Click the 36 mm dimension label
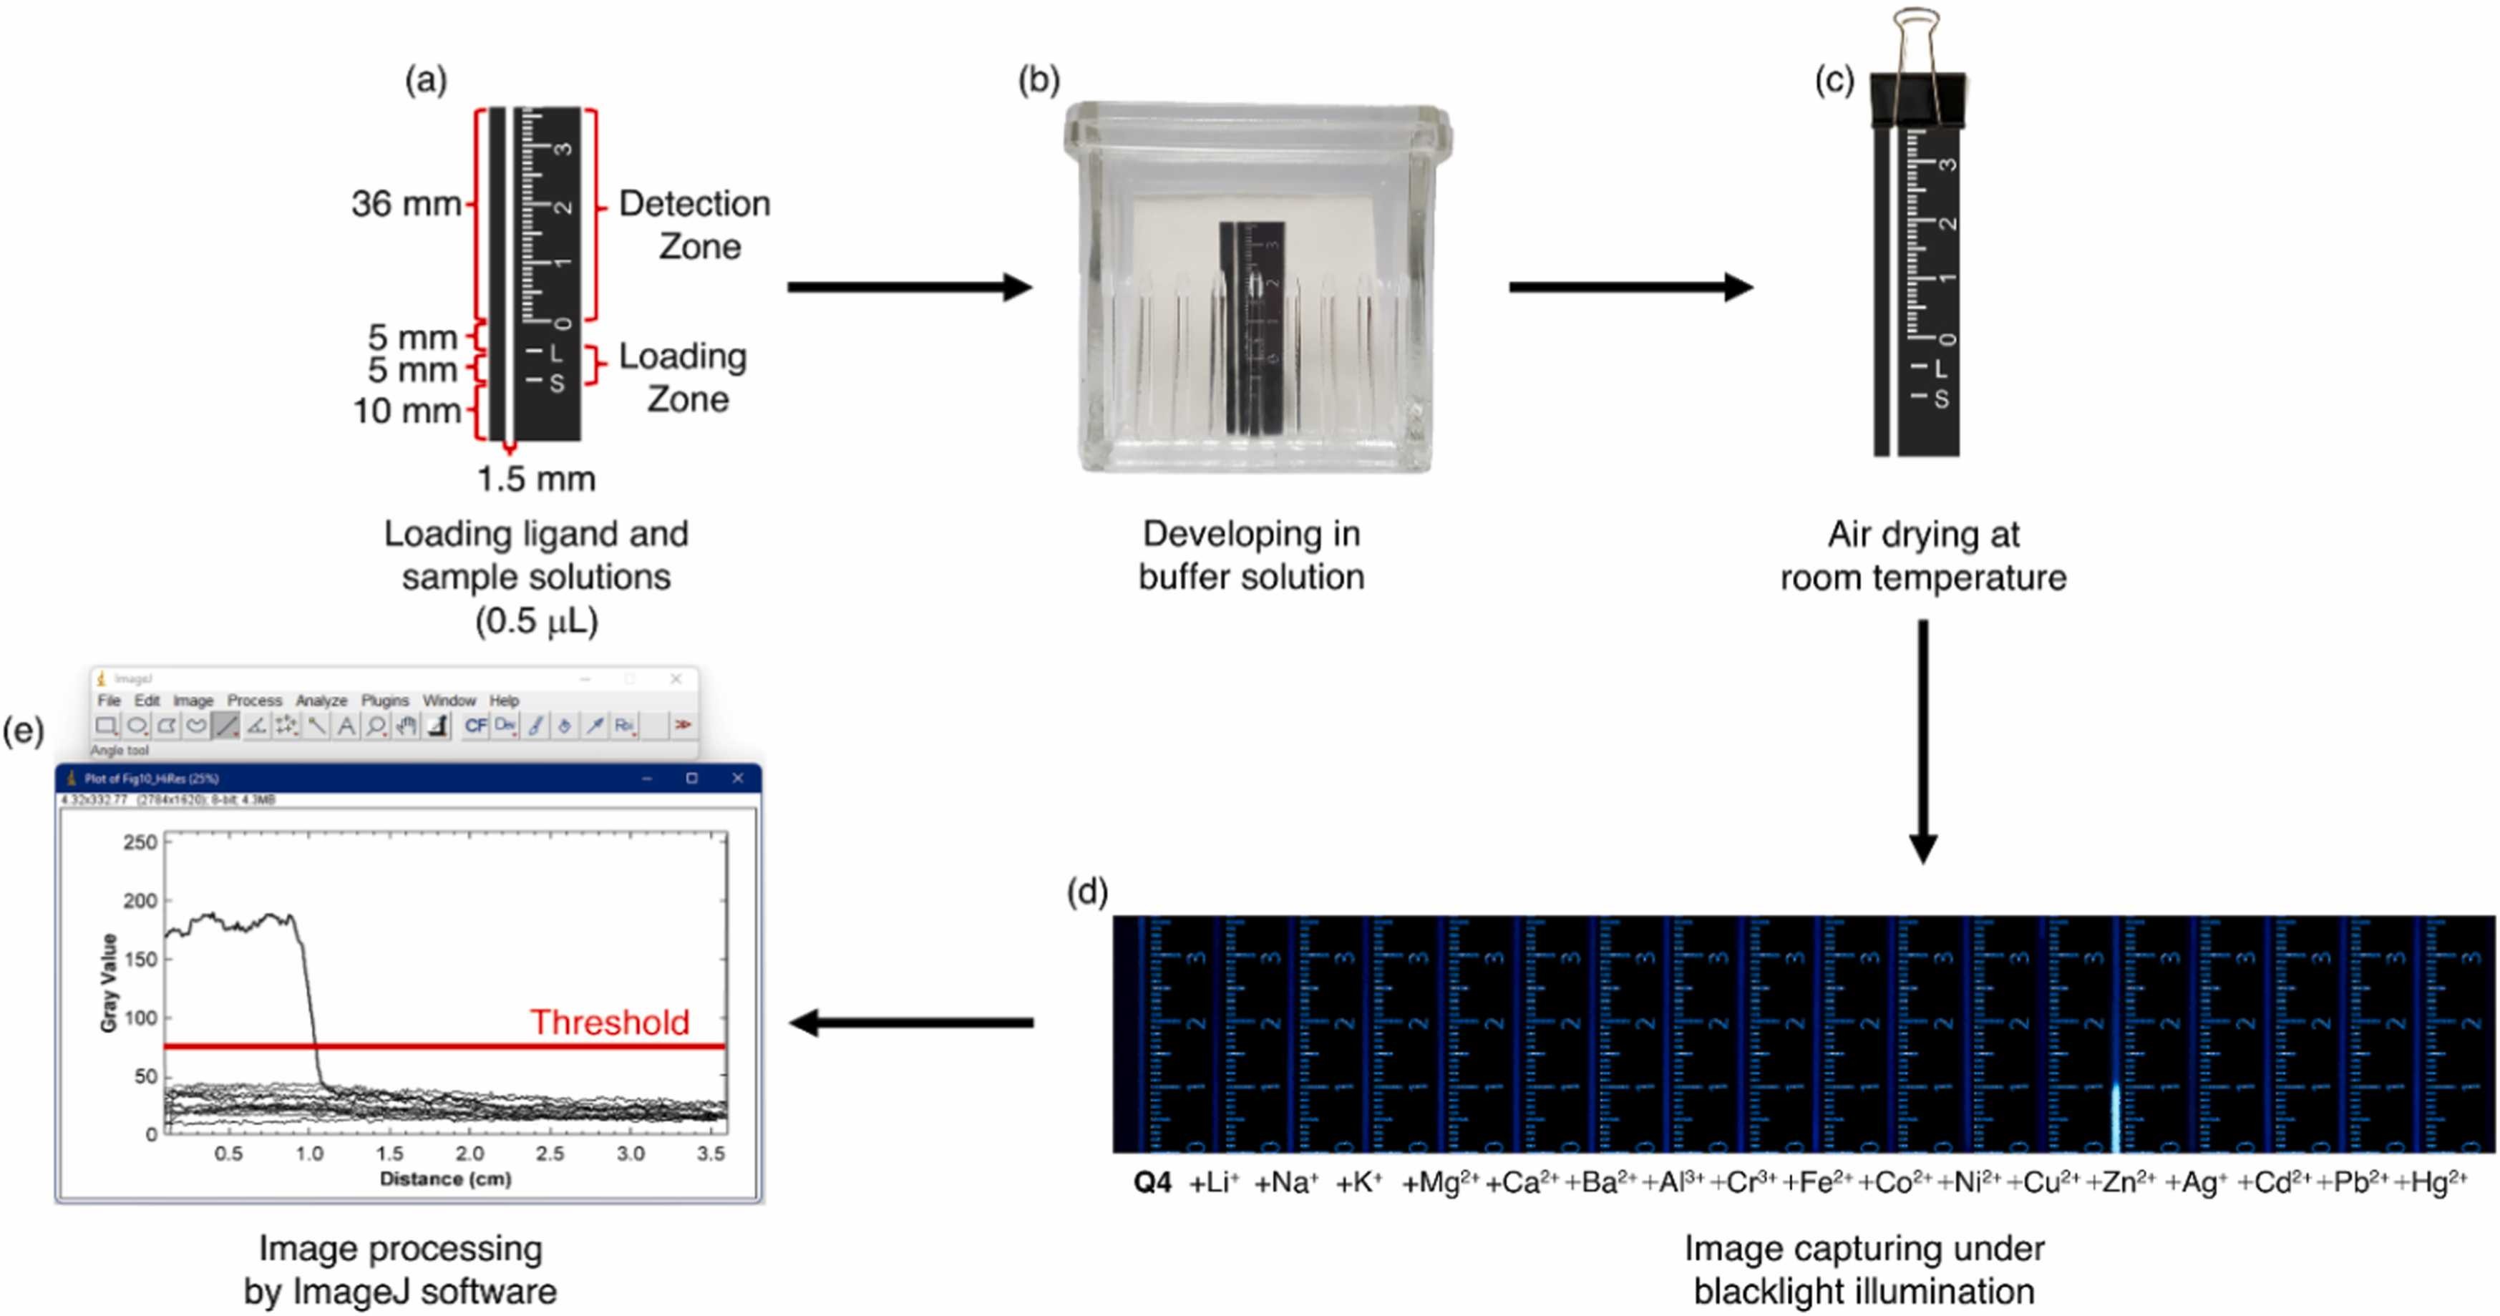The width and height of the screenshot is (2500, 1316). point(406,204)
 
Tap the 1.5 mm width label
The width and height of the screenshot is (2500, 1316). point(535,479)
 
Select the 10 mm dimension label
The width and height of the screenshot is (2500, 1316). point(406,411)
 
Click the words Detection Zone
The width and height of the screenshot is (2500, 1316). point(695,225)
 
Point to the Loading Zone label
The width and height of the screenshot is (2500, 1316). point(684,378)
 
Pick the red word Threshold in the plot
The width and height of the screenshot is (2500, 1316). point(610,1022)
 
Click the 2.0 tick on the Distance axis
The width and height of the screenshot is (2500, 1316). point(470,1154)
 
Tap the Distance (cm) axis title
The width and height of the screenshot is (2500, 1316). point(445,1179)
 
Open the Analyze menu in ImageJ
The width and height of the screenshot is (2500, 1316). point(321,701)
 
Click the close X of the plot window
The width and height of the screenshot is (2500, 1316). point(738,779)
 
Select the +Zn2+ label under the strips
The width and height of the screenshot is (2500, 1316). point(2121,1182)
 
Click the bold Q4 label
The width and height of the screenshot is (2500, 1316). point(1153,1183)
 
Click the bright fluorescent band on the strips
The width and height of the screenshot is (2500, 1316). point(2116,1116)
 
